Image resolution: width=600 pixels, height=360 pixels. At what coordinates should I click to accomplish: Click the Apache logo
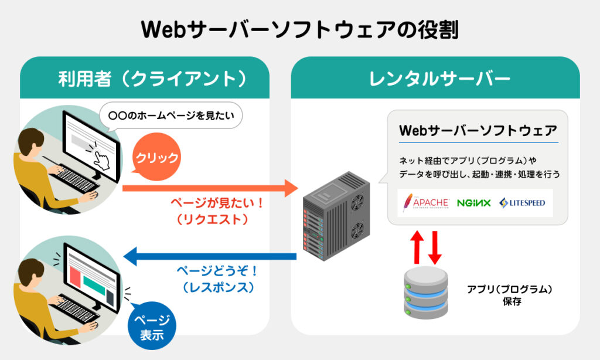[425, 203]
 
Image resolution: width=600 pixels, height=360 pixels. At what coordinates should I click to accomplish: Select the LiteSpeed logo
[522, 203]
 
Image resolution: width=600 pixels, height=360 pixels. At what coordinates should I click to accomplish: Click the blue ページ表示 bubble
[152, 327]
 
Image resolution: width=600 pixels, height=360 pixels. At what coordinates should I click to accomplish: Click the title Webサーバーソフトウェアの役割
[299, 30]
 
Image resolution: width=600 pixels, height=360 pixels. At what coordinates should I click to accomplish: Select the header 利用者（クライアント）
[144, 77]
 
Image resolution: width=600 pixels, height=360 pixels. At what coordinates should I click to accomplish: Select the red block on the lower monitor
[75, 276]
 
